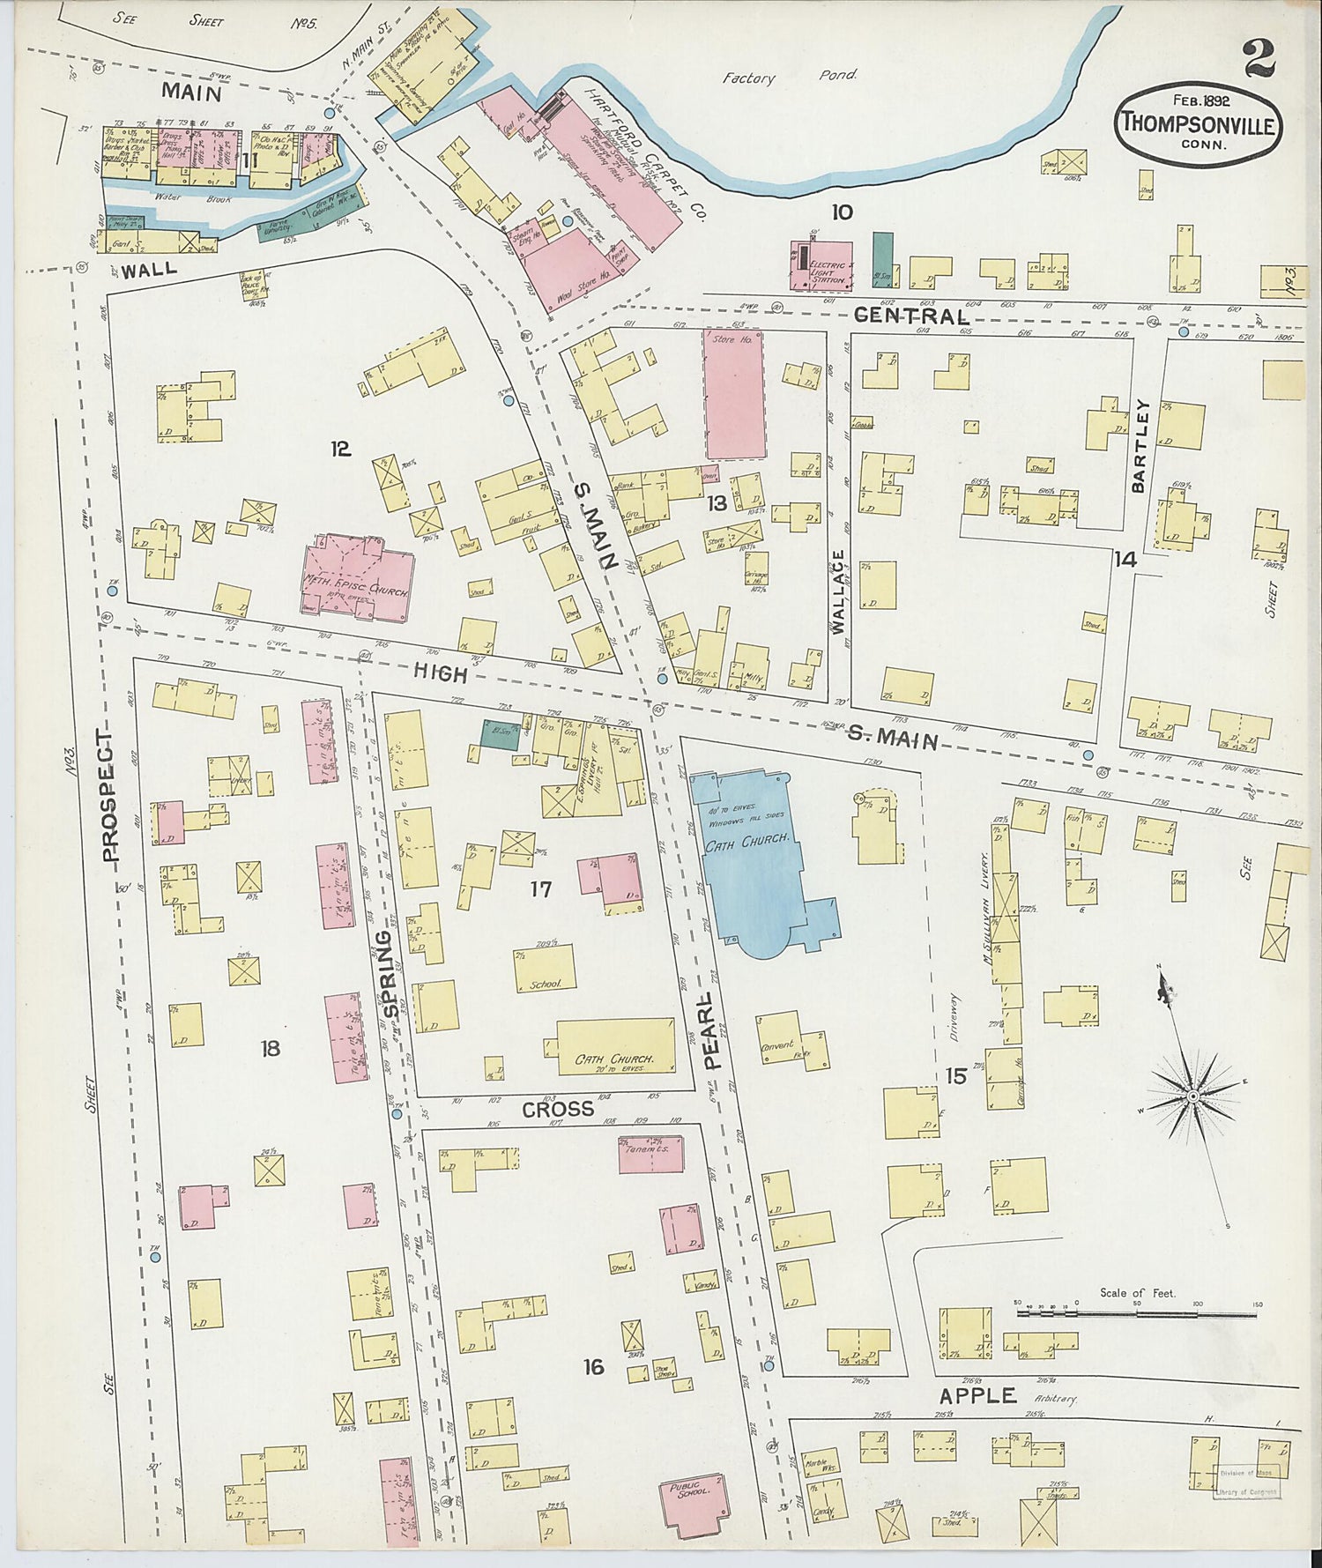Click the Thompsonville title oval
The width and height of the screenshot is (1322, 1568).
(1198, 125)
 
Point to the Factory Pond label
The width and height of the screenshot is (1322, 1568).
(789, 78)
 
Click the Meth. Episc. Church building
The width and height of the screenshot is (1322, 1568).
(357, 577)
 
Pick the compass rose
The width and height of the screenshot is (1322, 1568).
(1192, 1096)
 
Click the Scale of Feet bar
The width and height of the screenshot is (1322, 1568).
(1137, 1313)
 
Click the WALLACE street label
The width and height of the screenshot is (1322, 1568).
(838, 592)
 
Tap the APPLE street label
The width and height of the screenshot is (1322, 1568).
(977, 1395)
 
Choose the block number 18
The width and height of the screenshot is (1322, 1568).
(270, 1048)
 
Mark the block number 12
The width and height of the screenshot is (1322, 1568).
(340, 450)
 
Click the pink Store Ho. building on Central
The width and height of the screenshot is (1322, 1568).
(734, 394)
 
